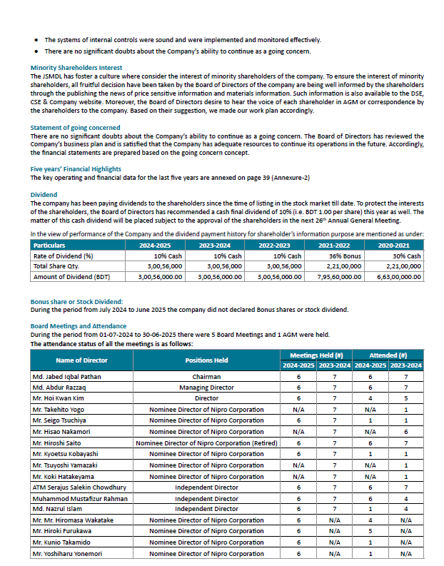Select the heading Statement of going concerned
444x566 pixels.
coord(75,128)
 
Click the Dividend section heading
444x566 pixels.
coord(44,194)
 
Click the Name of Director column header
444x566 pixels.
coord(81,360)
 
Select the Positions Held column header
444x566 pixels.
coord(206,360)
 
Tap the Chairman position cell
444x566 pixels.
coord(206,376)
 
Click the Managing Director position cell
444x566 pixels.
coord(206,388)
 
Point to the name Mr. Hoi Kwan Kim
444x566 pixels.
coord(58,398)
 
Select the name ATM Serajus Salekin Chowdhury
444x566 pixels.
coord(76,487)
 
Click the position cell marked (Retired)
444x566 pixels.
coord(206,443)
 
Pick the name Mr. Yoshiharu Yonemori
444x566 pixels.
coord(69,553)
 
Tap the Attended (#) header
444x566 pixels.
coord(388,355)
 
